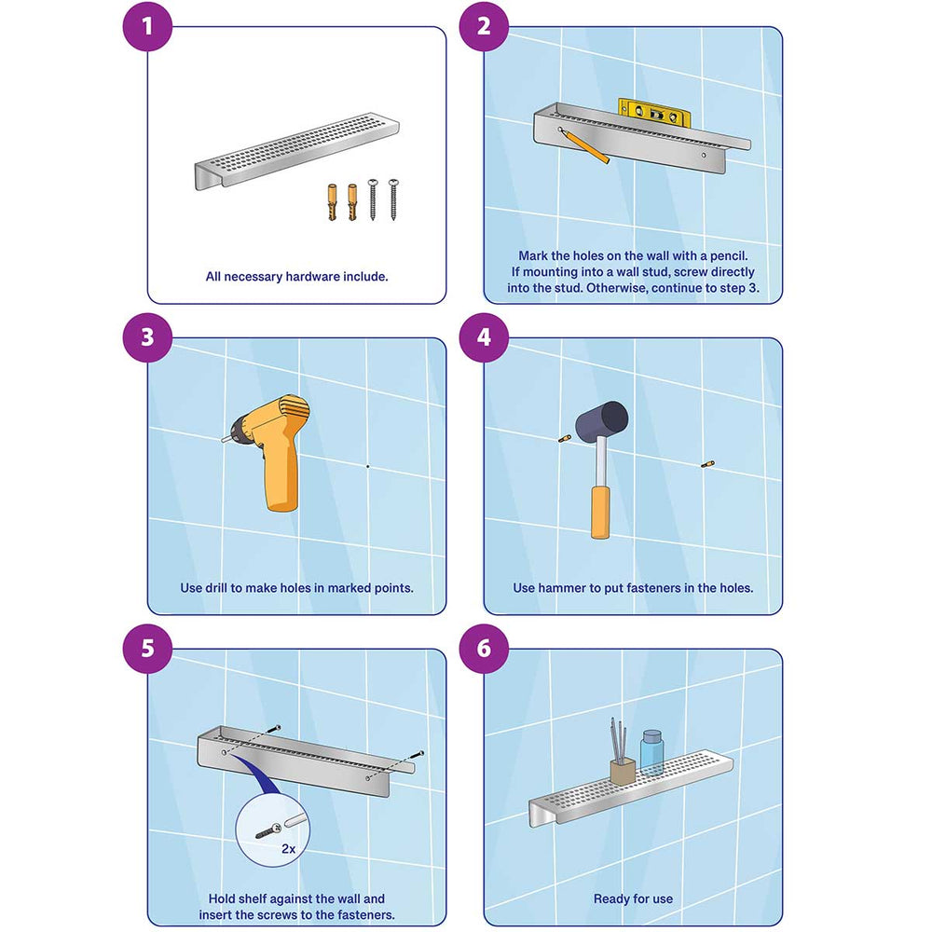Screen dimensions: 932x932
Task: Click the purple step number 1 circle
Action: point(147,26)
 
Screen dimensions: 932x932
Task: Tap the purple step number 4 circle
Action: point(484,336)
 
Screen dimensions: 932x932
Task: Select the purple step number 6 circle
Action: point(484,648)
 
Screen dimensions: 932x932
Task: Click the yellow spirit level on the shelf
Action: point(653,111)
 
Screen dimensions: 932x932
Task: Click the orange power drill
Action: point(276,447)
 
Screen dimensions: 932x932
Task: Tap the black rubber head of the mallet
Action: point(603,418)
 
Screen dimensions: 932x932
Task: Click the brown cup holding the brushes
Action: point(622,774)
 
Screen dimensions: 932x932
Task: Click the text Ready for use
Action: point(633,899)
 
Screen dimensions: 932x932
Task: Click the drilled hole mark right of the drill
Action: point(368,465)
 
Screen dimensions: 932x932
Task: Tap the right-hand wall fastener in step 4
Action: point(706,462)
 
